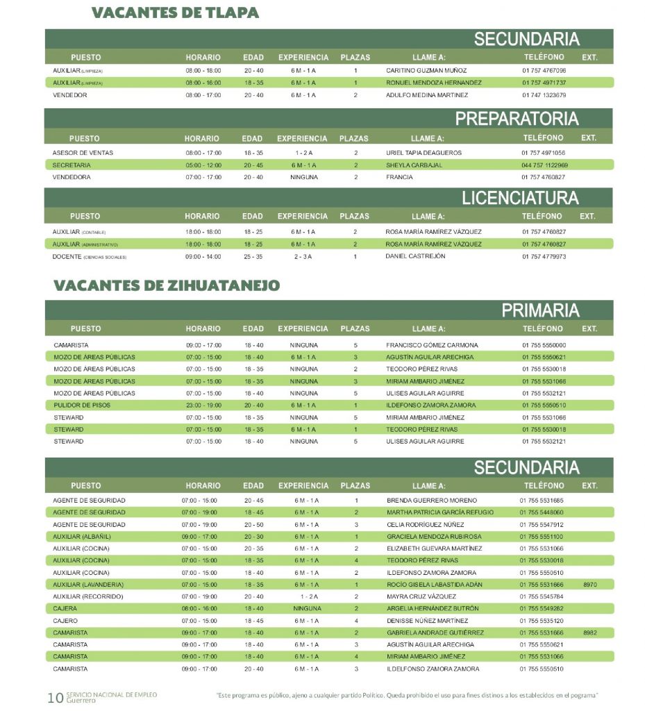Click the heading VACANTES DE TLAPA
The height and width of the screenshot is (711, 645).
pyautogui.click(x=175, y=13)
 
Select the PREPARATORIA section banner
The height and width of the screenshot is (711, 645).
pyautogui.click(x=517, y=119)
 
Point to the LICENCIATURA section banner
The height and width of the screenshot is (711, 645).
pyautogui.click(x=520, y=198)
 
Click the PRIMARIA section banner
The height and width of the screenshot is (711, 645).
pyautogui.click(x=540, y=310)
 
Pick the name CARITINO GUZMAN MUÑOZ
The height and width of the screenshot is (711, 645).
pyautogui.click(x=426, y=71)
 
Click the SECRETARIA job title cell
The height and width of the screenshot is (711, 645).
pyautogui.click(x=72, y=165)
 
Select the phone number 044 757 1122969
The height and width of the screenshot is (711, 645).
pyautogui.click(x=544, y=165)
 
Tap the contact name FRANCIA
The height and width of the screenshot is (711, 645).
pyautogui.click(x=399, y=177)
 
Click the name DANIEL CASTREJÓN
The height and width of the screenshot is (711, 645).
pyautogui.click(x=415, y=256)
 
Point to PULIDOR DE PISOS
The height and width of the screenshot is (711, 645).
pyautogui.click(x=81, y=405)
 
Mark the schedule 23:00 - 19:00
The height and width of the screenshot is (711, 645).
pyautogui.click(x=203, y=405)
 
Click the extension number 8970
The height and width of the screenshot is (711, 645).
pyautogui.click(x=590, y=585)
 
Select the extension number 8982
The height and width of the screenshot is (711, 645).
pyautogui.click(x=590, y=633)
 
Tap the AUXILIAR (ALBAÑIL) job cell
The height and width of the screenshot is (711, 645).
pyautogui.click(x=82, y=537)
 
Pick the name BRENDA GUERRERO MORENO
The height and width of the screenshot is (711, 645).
pyautogui.click(x=432, y=501)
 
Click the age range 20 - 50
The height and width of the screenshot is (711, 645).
pyautogui.click(x=253, y=525)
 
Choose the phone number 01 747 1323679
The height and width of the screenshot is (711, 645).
pyautogui.click(x=544, y=95)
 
